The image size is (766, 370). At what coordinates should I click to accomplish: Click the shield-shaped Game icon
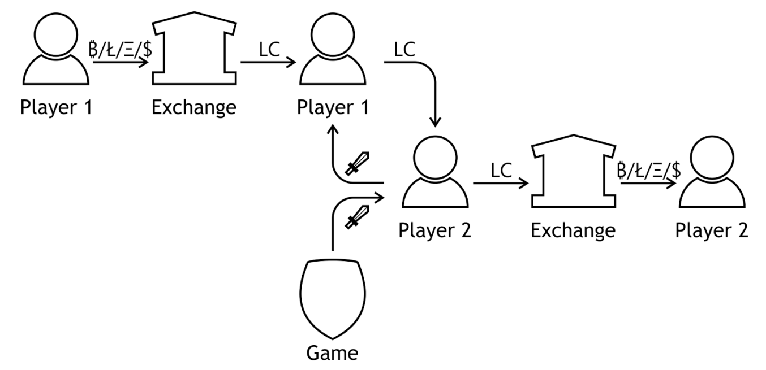click(x=333, y=299)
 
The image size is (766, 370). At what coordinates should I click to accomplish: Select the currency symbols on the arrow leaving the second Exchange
click(x=648, y=171)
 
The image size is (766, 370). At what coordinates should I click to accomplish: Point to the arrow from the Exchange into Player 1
click(x=269, y=63)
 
